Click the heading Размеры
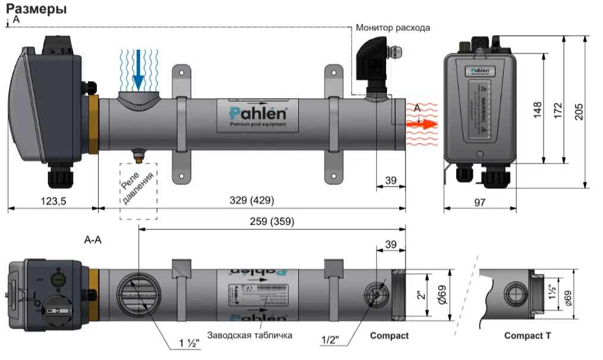[x=36, y=10]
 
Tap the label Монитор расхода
[x=393, y=27]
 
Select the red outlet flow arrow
[x=422, y=124]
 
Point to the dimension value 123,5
[x=53, y=201]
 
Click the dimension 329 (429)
[x=252, y=201]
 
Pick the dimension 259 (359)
[x=272, y=222]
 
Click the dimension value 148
[x=537, y=109]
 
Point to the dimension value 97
[x=480, y=202]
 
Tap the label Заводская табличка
[x=250, y=335]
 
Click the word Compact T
[x=528, y=336]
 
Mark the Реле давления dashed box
[x=138, y=191]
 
